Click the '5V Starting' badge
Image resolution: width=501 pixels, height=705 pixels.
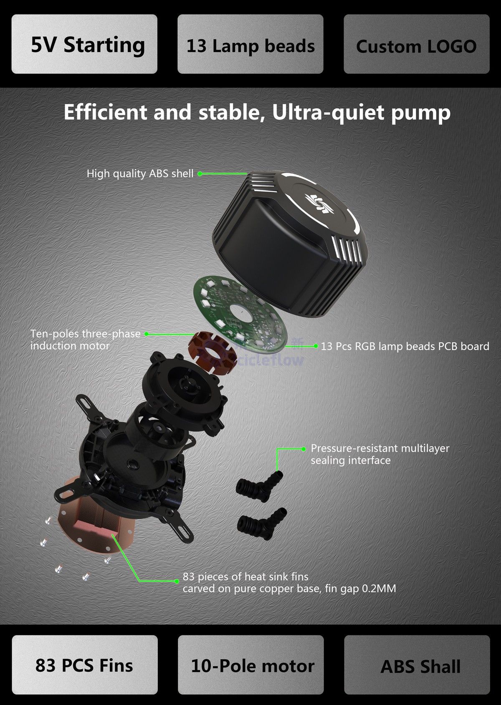84,44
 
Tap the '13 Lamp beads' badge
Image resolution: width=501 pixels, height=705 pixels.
250,44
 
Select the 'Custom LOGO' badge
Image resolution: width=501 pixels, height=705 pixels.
416,44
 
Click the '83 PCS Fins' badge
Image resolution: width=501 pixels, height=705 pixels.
84,665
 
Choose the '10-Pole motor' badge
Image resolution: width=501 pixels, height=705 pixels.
252,665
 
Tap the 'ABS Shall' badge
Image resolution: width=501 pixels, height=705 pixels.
420,665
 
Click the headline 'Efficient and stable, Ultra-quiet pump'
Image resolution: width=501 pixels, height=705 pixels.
257,113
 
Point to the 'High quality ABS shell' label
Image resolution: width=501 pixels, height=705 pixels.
140,174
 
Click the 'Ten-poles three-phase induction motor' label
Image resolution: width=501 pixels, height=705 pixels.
85,340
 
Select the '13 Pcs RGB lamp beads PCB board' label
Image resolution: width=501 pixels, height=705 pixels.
405,346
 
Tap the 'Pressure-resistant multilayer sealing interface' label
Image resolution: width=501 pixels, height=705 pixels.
380,454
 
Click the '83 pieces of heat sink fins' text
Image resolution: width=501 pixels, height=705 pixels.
245,577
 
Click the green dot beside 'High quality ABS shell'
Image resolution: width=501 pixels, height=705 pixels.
200,174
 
